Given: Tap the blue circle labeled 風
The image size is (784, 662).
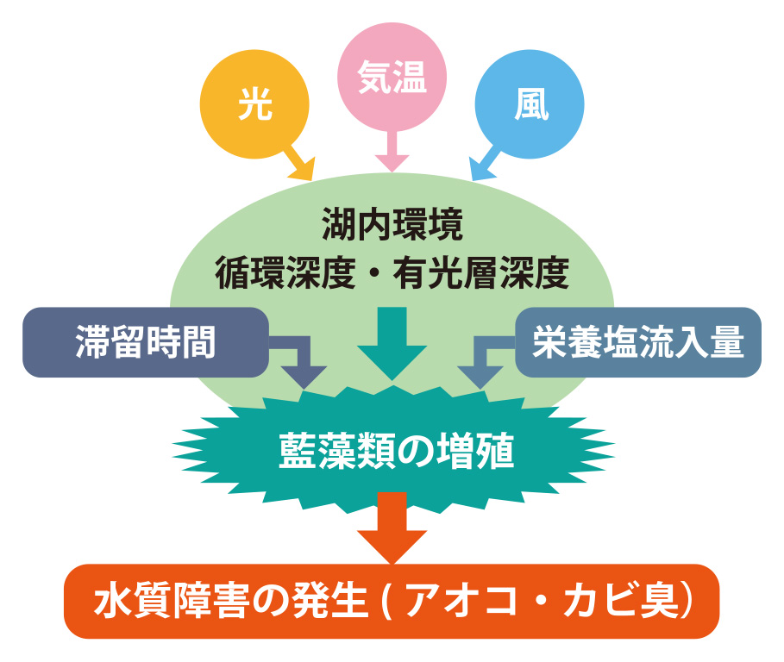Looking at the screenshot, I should (530, 106).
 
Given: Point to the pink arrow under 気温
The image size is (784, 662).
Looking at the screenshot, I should (392, 153).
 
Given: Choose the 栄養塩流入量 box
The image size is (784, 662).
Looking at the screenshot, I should (638, 343).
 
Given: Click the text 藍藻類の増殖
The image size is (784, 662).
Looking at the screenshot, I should (393, 450).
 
